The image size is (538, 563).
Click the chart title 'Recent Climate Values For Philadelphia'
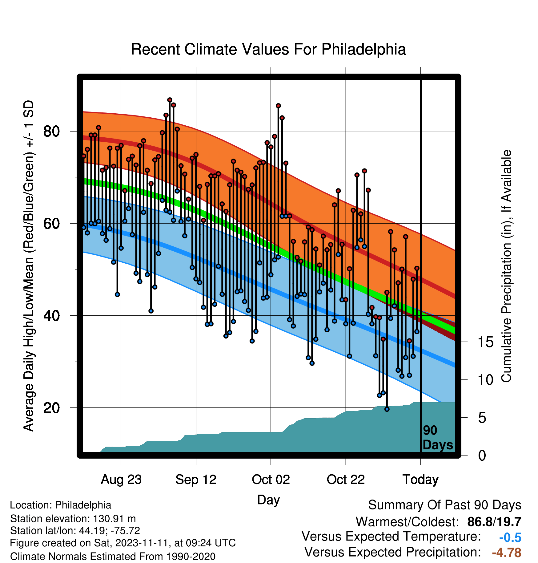pos(268,49)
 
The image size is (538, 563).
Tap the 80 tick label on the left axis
pos(51,131)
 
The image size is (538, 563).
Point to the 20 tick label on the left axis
pos(51,408)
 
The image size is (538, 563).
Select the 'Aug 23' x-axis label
pos(121,480)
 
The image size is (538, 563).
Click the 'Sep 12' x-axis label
pos(196,480)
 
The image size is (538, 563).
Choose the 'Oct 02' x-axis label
pos(271,480)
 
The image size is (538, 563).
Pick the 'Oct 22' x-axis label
pos(346,480)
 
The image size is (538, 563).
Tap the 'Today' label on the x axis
pos(421,480)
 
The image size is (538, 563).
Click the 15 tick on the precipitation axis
pos(486,342)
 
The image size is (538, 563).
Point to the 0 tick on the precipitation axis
pos(482,456)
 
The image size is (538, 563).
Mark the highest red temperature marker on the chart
pos(170,100)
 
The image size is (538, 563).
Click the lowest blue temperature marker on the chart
pos(387,409)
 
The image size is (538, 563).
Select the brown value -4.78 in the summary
pos(507,553)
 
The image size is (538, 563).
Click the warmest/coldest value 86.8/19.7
pos(494,522)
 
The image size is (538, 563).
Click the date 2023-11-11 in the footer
pos(143,543)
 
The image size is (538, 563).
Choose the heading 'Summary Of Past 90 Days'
pos(445,505)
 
